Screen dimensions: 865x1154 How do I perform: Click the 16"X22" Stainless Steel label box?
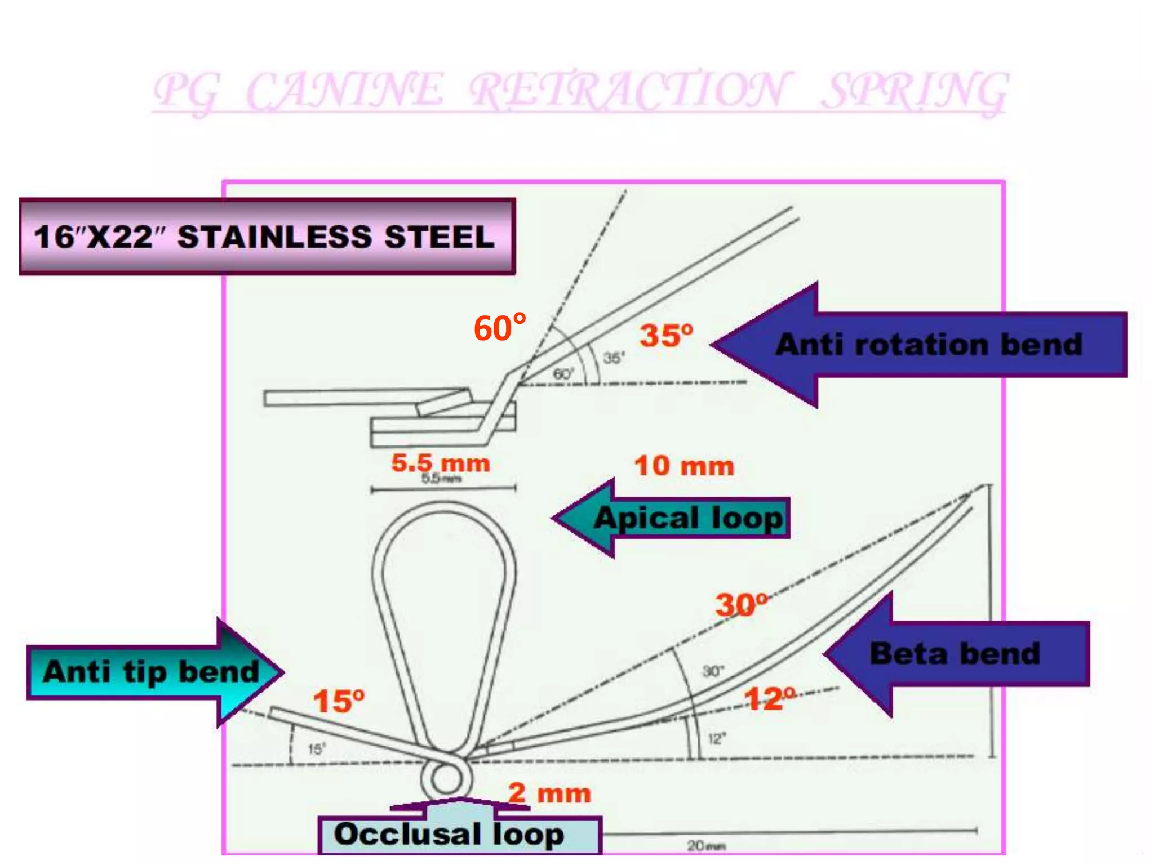tap(267, 237)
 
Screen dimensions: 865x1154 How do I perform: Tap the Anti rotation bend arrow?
tap(924, 345)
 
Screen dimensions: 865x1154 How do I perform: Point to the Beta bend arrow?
tap(958, 654)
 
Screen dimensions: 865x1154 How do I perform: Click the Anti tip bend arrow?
tap(152, 672)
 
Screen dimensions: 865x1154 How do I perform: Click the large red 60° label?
tap(500, 328)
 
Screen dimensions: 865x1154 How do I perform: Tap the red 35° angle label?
tap(665, 336)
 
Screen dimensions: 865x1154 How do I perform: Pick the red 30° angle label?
tap(741, 605)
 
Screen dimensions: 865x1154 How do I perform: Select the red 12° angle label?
tap(769, 699)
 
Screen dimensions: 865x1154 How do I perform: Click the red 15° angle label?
tap(339, 702)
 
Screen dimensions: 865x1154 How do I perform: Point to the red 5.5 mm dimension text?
tap(441, 463)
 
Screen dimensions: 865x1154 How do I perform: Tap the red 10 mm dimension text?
tap(684, 466)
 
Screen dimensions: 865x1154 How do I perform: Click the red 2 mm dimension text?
tap(549, 793)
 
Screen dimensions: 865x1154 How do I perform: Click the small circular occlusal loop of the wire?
tap(445, 780)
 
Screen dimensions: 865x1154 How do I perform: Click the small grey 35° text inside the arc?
tap(614, 358)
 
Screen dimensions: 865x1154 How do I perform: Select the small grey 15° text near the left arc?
tap(316, 749)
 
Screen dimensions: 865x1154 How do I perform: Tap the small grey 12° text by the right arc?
tap(717, 738)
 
